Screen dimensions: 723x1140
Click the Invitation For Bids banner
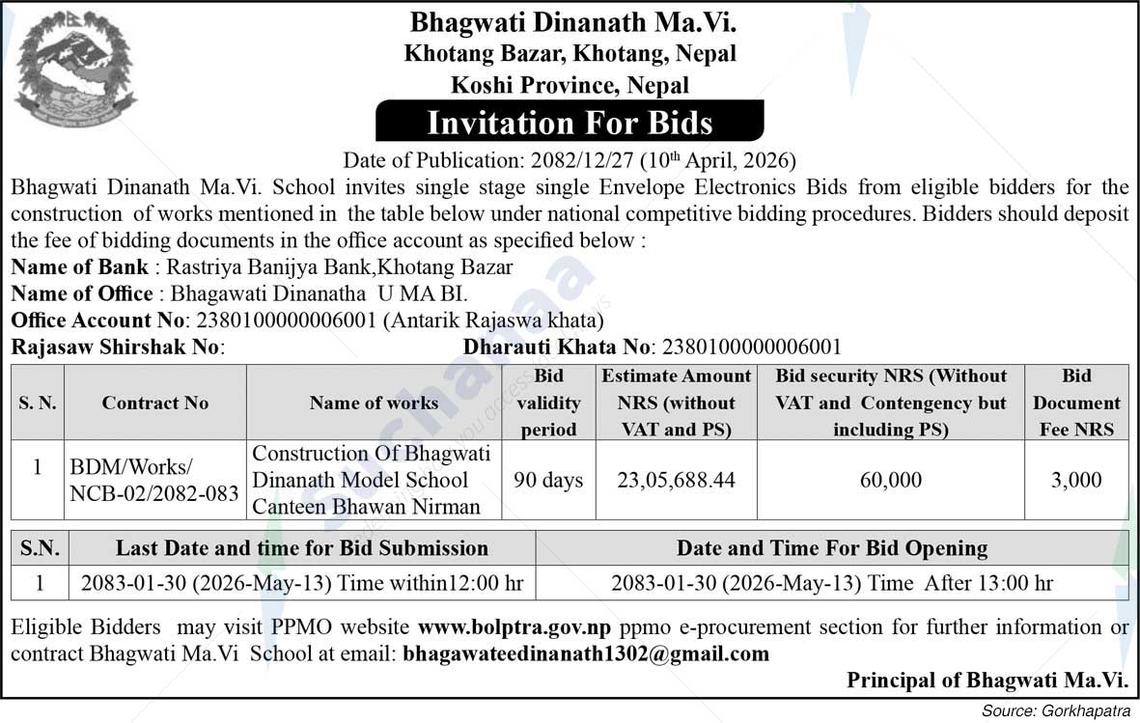tap(570, 123)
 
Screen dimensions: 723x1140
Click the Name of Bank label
tap(80, 267)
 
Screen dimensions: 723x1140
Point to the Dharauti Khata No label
tap(557, 347)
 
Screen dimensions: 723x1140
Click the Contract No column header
tap(155, 403)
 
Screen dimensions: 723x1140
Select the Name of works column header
tap(374, 403)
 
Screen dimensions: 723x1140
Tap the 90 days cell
tap(548, 480)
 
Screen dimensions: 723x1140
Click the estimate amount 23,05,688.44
tap(676, 480)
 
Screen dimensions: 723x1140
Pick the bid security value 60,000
tap(890, 480)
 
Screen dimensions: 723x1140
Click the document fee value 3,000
tap(1076, 480)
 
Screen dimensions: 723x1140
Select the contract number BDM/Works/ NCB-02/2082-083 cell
tap(154, 480)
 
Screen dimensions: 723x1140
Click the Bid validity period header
tap(548, 403)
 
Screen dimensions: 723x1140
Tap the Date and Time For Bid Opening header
tap(832, 549)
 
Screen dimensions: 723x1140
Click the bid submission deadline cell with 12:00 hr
tap(301, 583)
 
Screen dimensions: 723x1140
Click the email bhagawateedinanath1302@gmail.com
tap(586, 653)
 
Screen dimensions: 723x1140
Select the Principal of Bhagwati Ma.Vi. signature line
tap(987, 680)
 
